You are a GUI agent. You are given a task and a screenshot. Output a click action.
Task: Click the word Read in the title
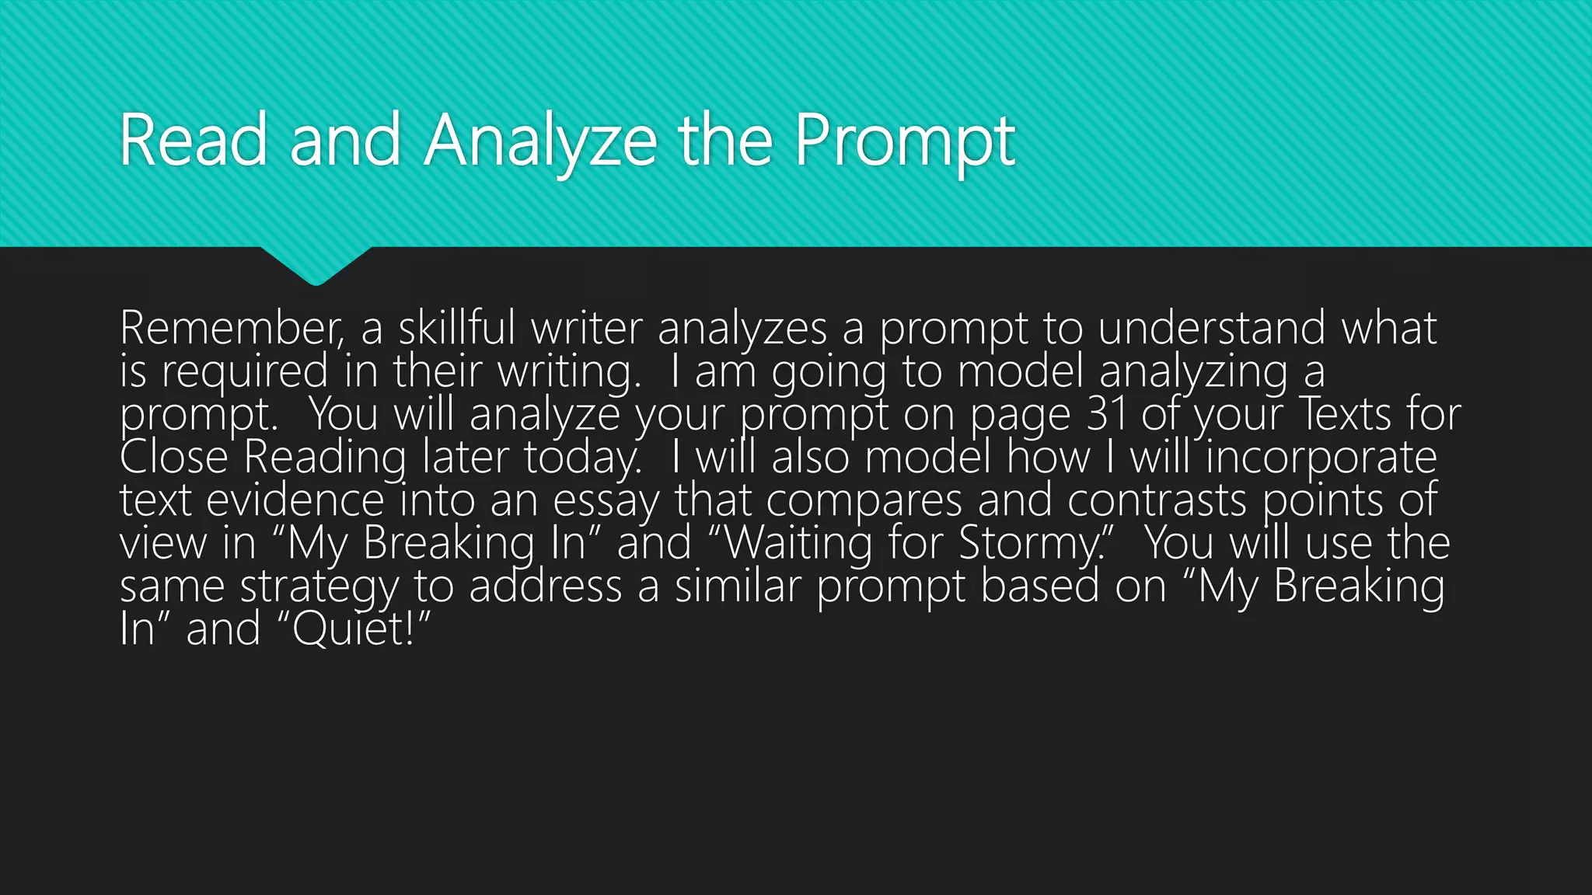point(193,141)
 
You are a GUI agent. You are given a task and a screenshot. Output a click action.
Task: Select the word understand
point(1211,329)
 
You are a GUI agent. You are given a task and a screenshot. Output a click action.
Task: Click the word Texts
point(1345,415)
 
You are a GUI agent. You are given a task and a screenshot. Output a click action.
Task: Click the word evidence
point(295,500)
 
